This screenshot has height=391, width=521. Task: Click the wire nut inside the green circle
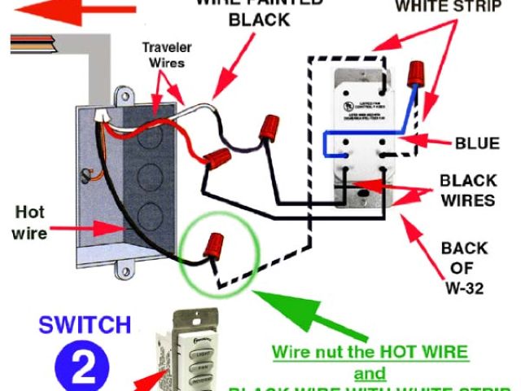coord(217,244)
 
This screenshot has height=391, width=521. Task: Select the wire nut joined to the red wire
coord(217,158)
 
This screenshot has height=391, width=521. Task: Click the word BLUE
coord(476,144)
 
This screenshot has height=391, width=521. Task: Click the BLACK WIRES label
coord(468,189)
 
